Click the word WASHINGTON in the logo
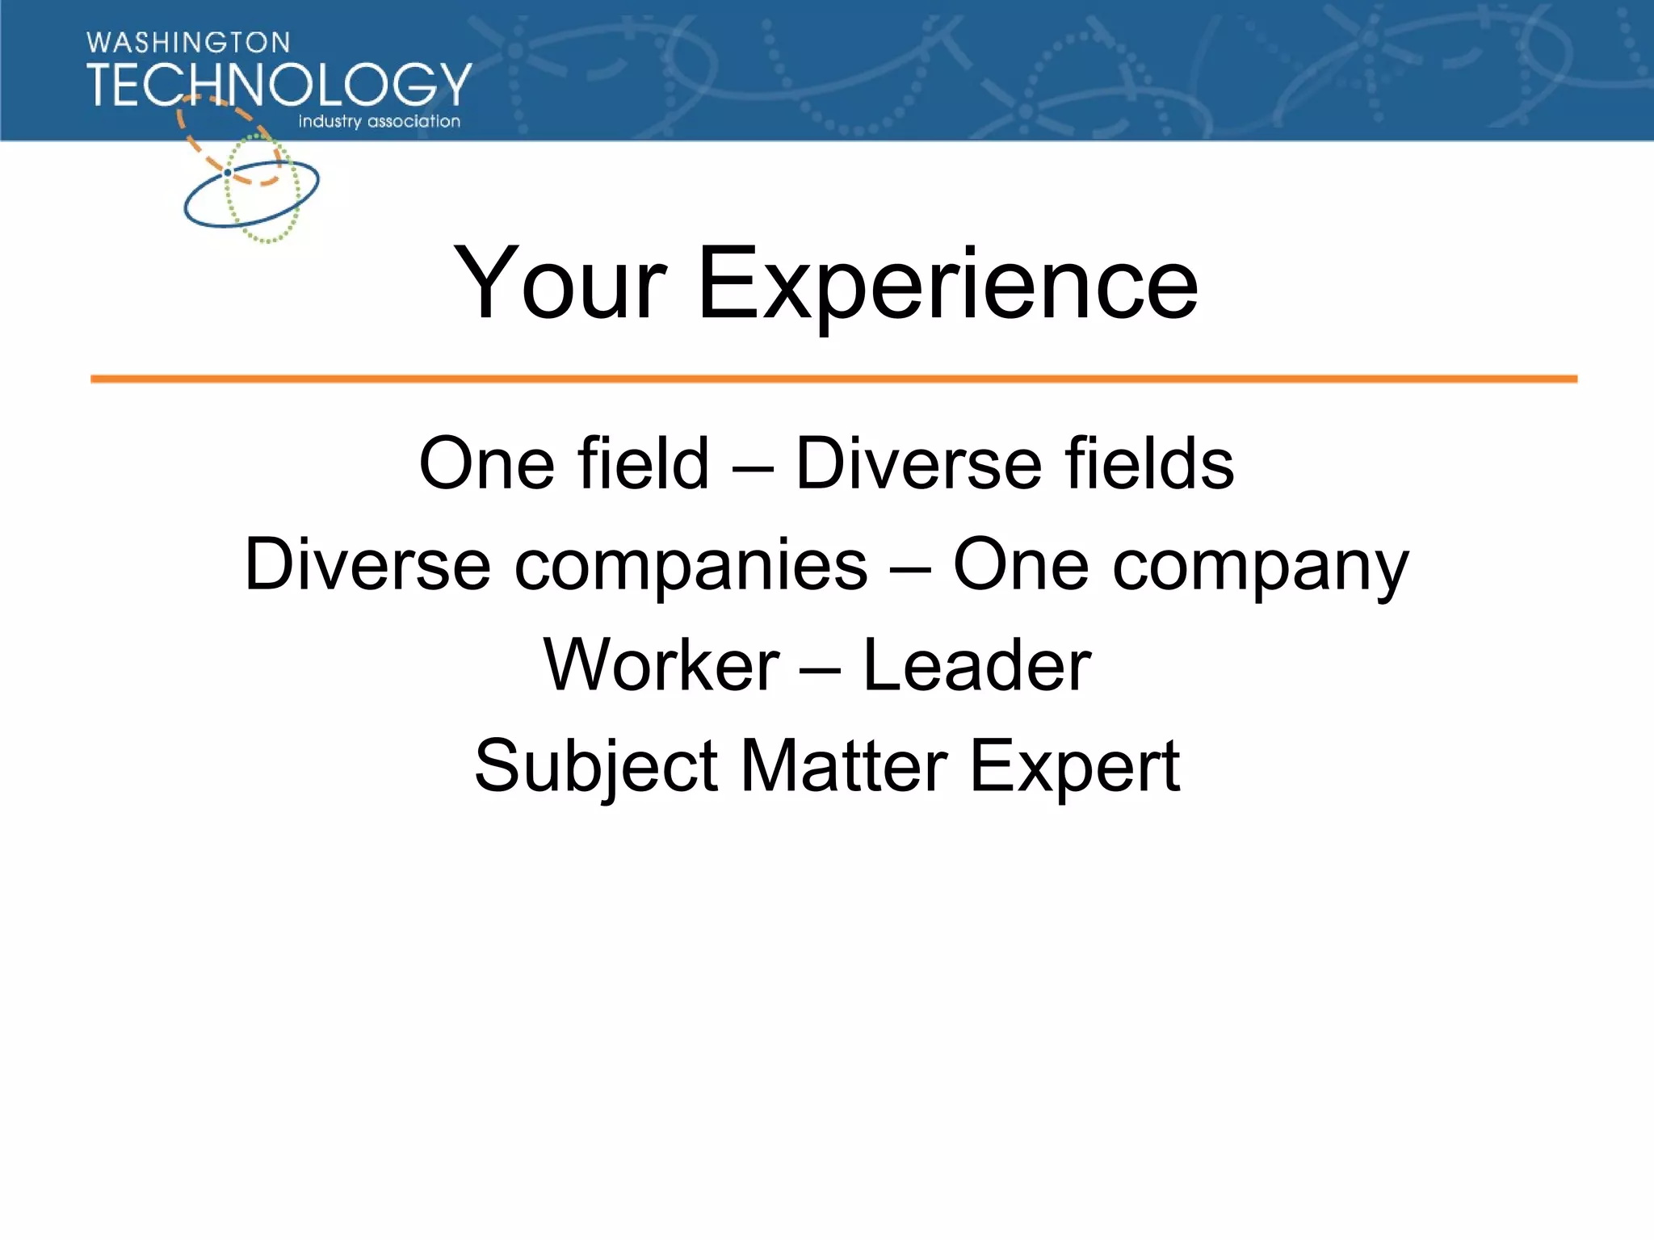click(x=188, y=43)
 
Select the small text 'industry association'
click(x=379, y=122)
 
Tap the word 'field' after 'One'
click(x=643, y=463)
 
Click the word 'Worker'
click(x=661, y=665)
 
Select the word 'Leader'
click(x=976, y=665)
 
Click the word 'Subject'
click(x=596, y=767)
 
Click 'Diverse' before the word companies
click(x=367, y=564)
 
